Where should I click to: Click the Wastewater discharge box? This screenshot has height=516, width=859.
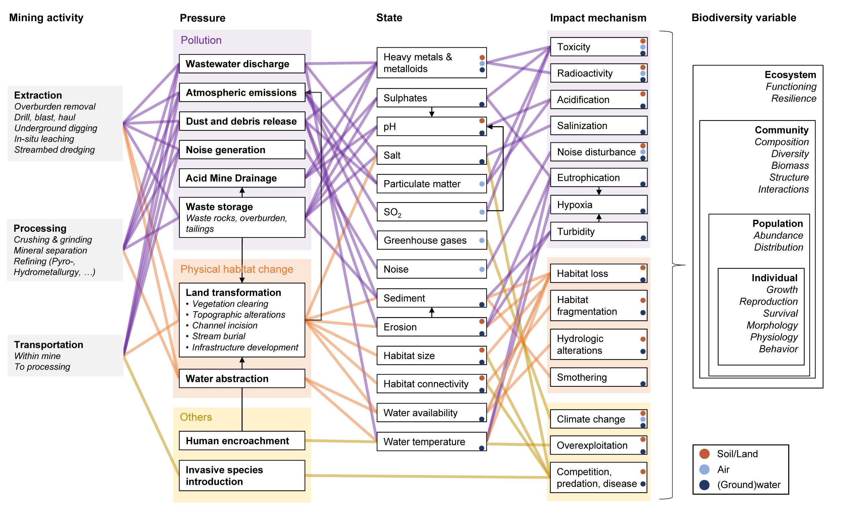tap(242, 63)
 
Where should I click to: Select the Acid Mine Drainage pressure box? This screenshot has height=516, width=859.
tap(242, 178)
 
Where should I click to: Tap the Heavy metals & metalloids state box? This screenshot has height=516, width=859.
tap(431, 63)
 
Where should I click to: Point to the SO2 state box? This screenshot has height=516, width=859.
tap(431, 212)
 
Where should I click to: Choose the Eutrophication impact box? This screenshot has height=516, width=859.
tap(598, 178)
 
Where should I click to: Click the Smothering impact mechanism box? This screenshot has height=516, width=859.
tap(598, 377)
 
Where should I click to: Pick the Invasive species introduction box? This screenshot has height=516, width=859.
tap(242, 475)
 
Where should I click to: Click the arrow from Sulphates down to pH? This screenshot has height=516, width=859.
tap(432, 112)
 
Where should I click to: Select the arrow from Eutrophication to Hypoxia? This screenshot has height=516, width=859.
tap(599, 191)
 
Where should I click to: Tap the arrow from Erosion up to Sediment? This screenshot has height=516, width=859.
tap(432, 312)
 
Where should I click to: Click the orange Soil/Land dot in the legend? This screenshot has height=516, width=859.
tap(704, 454)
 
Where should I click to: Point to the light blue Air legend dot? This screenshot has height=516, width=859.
tap(704, 469)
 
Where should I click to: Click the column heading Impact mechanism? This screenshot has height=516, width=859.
tap(598, 18)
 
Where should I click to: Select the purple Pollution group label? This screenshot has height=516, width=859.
tap(201, 40)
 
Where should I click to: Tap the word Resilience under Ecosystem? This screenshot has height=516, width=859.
tap(793, 98)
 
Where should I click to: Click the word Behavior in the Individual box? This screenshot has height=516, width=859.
tap(778, 349)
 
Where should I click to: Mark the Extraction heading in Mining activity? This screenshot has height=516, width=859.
tap(38, 95)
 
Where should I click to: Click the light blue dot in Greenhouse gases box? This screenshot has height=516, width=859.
tap(482, 240)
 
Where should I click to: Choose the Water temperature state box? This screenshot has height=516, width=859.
tap(431, 442)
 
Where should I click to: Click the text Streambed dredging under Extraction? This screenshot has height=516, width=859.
tap(54, 150)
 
